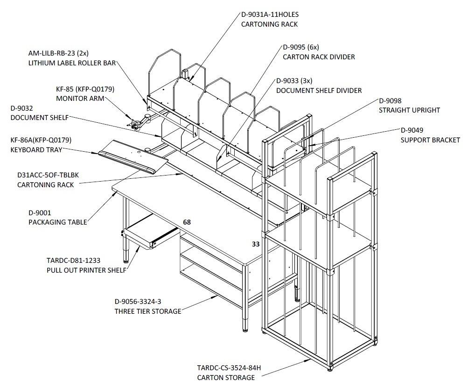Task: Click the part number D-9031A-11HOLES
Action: (x=270, y=14)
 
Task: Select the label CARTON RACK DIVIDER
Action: (x=319, y=57)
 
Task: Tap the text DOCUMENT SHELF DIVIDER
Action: (x=319, y=91)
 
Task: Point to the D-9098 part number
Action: (x=390, y=101)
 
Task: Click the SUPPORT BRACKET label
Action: (x=430, y=140)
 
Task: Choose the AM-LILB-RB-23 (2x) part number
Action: (x=58, y=53)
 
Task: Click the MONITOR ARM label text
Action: (x=80, y=99)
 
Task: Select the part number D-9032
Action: (x=22, y=108)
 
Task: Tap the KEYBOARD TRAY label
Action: (x=36, y=149)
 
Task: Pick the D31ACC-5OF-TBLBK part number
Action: (x=48, y=175)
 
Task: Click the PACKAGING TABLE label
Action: (x=58, y=222)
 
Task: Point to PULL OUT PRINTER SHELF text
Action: (x=87, y=270)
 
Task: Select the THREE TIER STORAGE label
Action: (x=148, y=311)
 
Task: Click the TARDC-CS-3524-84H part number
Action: (x=229, y=368)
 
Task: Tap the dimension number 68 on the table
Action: (x=187, y=222)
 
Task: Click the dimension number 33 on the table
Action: (x=256, y=244)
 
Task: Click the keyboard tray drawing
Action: (x=133, y=156)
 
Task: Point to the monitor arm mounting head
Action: (x=135, y=123)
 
